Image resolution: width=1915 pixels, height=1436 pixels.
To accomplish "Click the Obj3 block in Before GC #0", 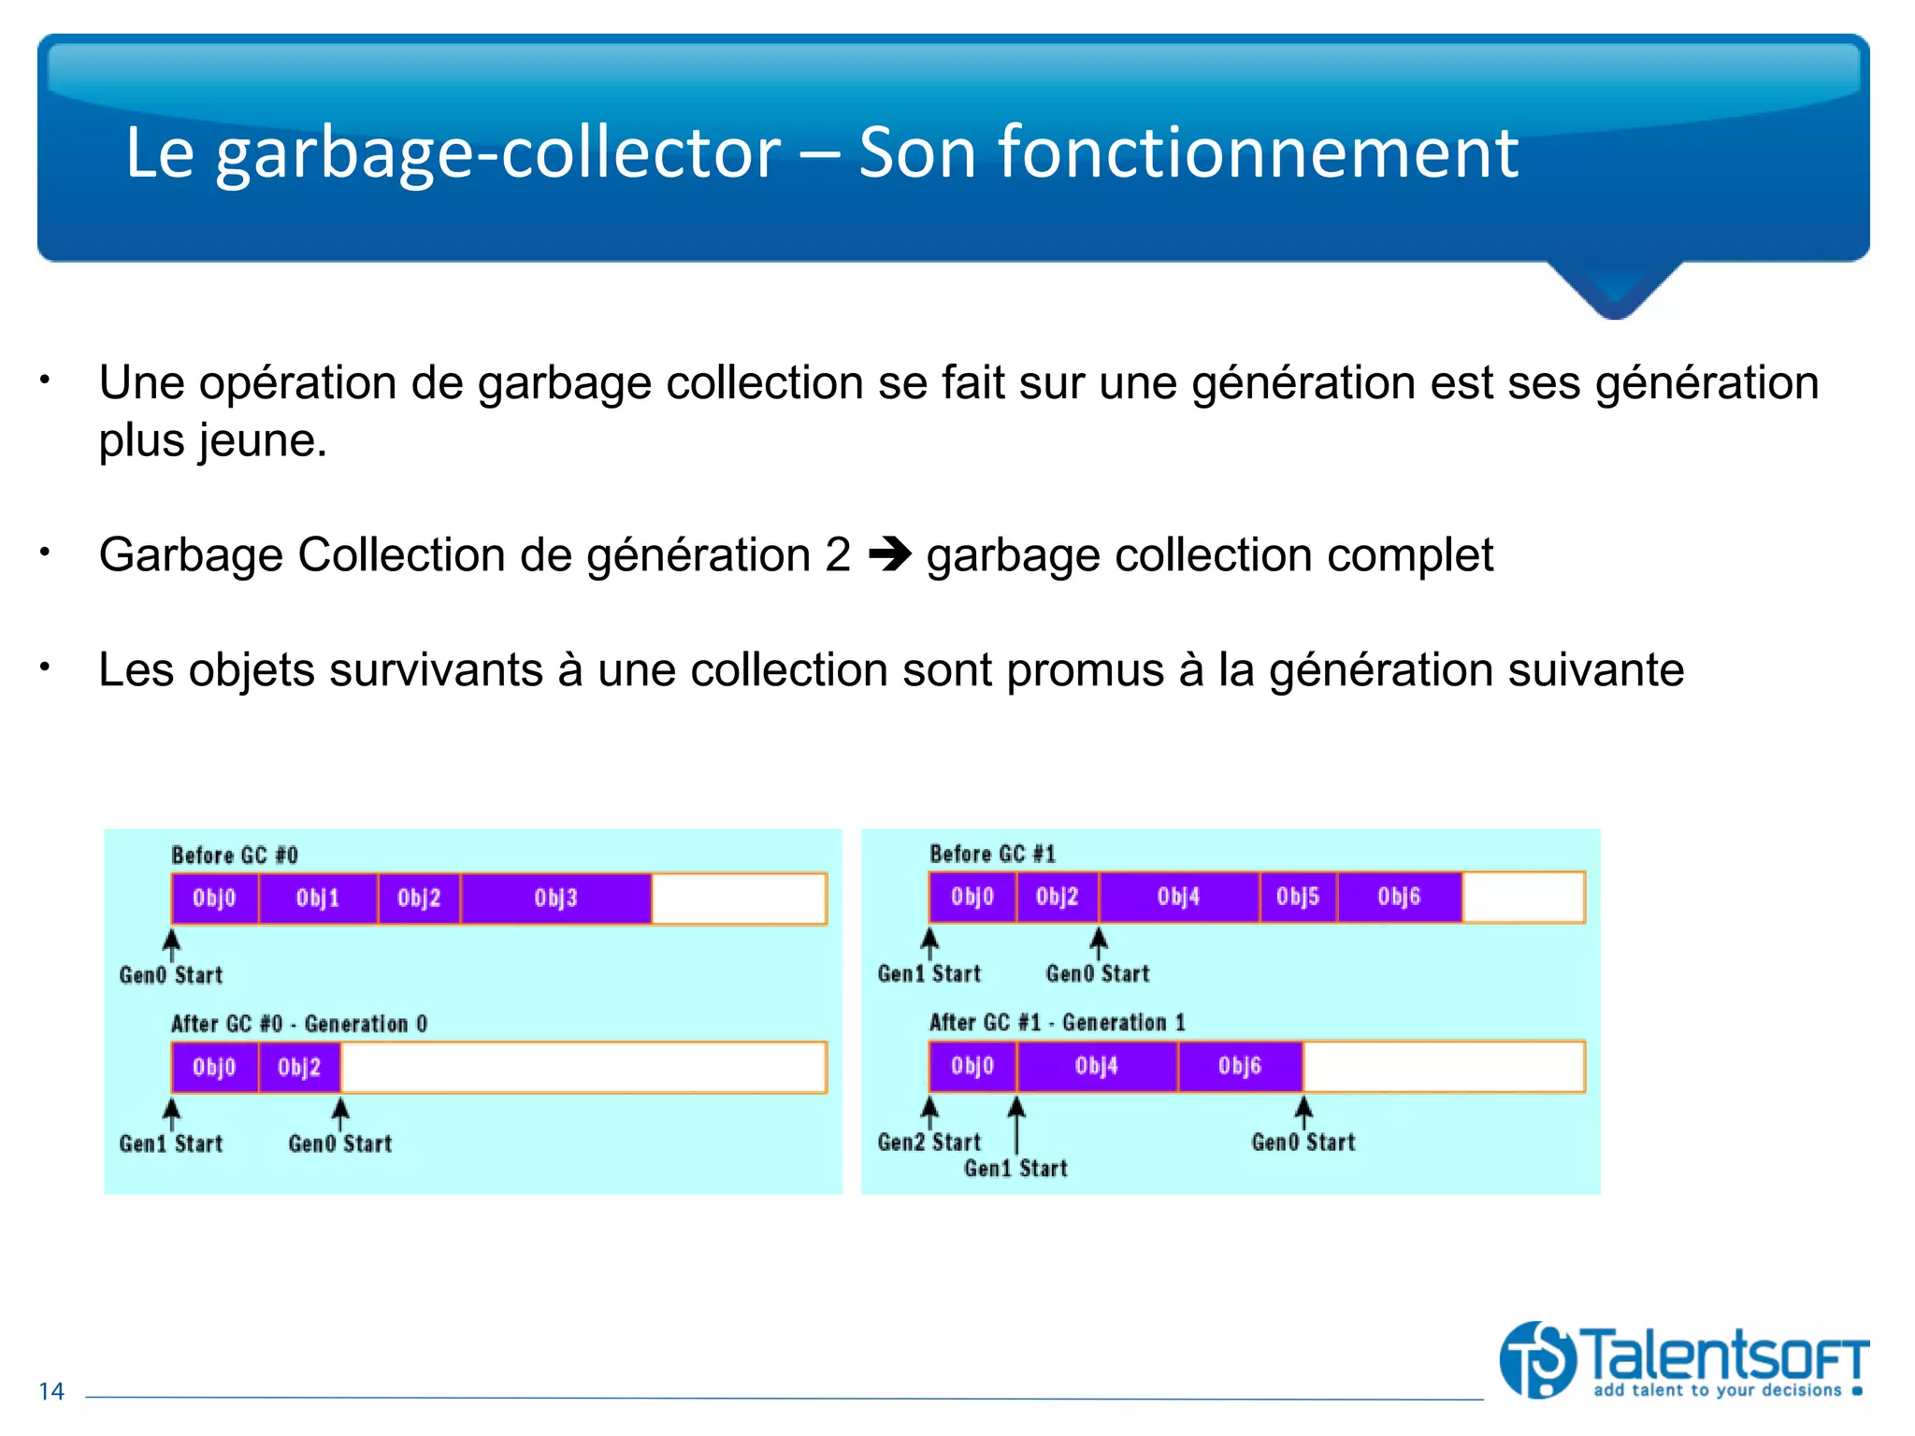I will coord(556,898).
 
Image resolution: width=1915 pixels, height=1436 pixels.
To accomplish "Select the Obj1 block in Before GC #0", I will coord(318,898).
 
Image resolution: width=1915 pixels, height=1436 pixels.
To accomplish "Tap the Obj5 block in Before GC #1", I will coord(1298,897).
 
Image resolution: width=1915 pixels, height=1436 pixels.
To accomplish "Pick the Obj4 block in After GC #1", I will coord(1097,1066).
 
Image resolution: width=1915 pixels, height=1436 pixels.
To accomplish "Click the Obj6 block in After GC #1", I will coord(1240,1066).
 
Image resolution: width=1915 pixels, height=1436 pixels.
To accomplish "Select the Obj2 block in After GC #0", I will coord(299,1067).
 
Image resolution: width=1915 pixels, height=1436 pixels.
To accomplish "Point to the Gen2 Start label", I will coord(929,1142).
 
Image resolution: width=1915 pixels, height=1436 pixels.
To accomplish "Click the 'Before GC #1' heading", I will coord(992,854).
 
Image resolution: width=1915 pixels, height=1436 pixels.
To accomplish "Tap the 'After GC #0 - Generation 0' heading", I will coord(299,1024).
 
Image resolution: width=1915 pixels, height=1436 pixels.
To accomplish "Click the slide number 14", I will coord(51,1391).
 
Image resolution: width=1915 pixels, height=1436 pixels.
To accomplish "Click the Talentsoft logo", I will coord(1683,1360).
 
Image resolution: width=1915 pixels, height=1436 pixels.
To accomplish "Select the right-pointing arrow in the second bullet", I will coord(889,555).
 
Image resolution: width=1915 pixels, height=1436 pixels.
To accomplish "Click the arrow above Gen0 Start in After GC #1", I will coord(1303,1110).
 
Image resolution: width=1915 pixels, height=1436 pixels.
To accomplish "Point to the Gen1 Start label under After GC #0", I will coord(171,1143).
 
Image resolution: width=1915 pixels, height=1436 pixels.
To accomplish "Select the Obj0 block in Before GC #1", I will coord(972,897).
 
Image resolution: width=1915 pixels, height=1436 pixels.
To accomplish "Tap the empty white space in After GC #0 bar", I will coord(583,1067).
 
